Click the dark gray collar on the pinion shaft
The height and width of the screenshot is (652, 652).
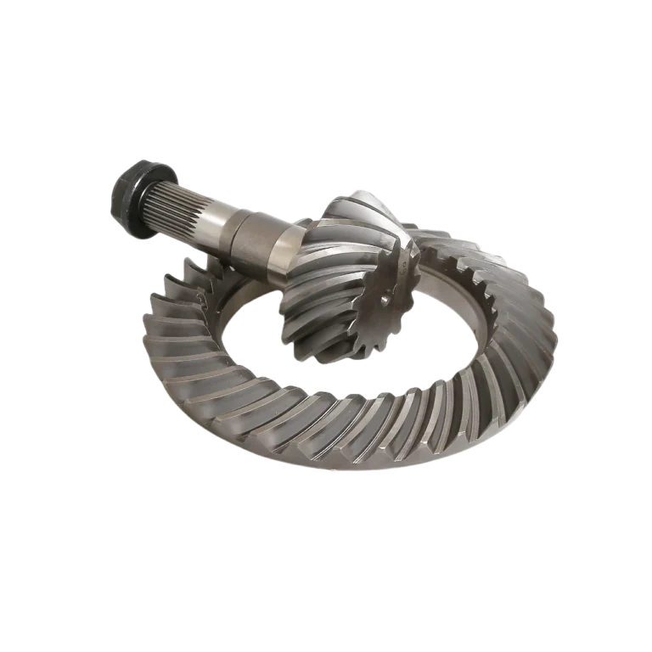pyautogui.click(x=254, y=239)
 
